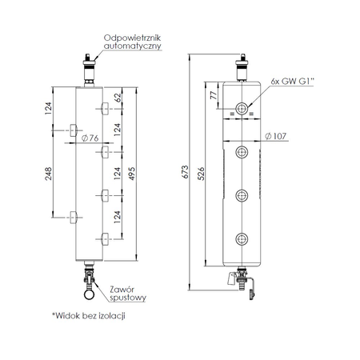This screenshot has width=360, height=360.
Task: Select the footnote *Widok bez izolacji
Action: coord(89,317)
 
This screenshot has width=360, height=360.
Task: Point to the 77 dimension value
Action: coord(214,96)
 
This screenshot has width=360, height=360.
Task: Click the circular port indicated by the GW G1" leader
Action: coord(241,108)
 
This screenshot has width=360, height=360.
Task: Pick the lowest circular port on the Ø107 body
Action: coord(241,237)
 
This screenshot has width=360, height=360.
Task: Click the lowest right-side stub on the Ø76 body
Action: coord(104,237)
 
